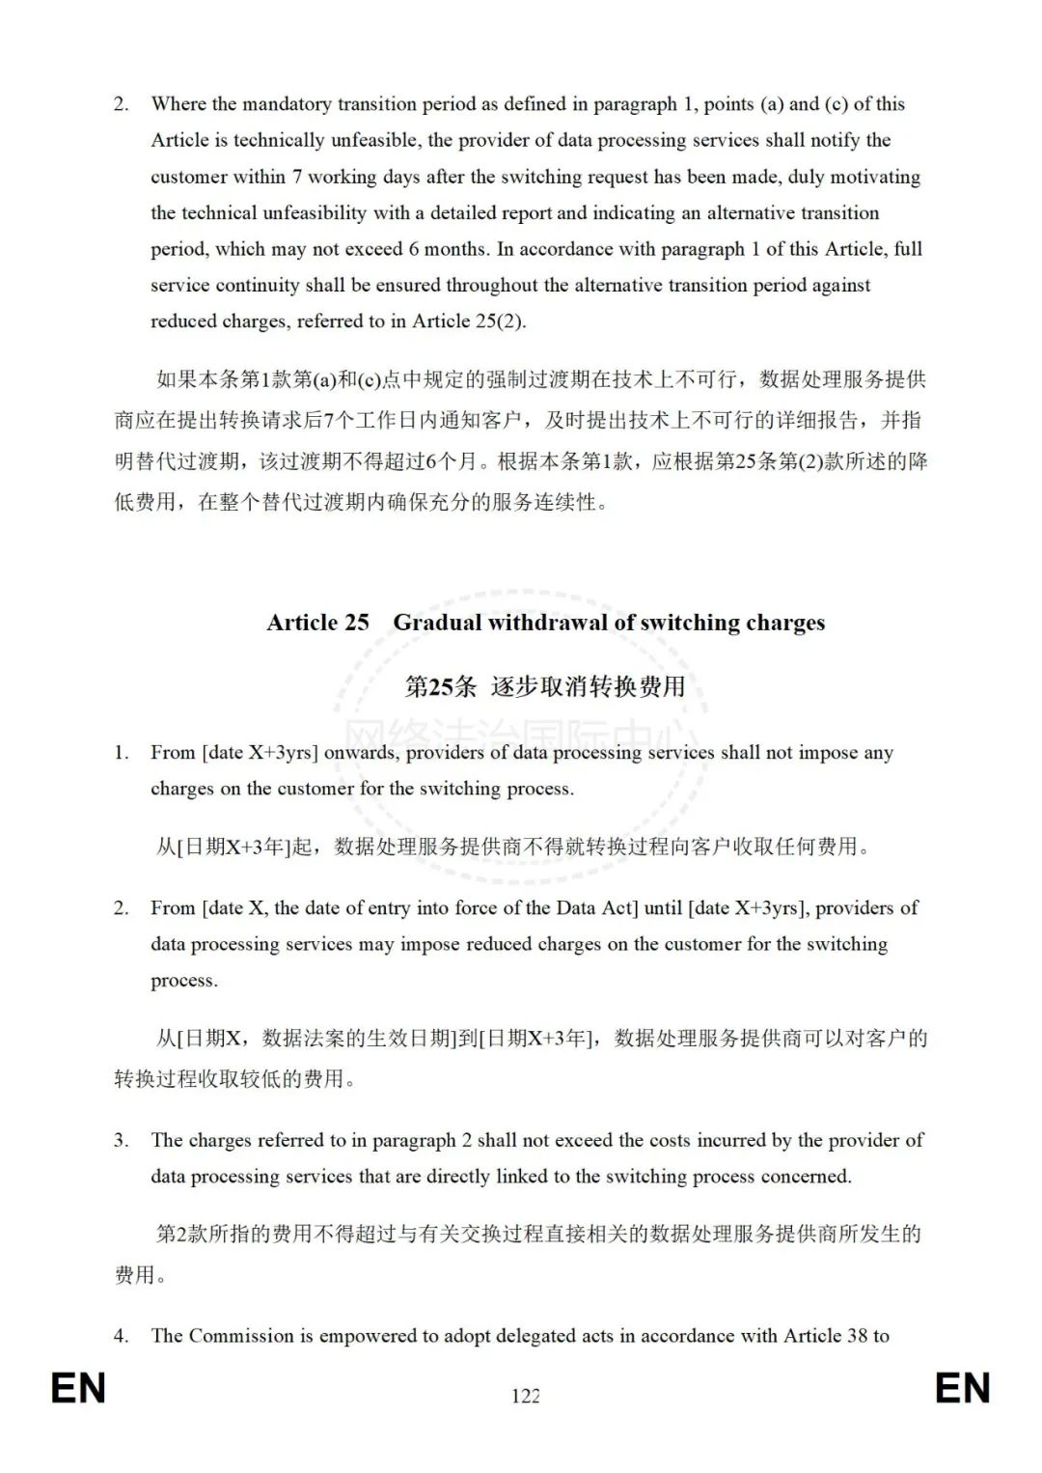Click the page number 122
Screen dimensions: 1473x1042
pyautogui.click(x=526, y=1396)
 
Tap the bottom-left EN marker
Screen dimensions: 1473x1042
pyautogui.click(x=78, y=1389)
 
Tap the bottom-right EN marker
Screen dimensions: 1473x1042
pyautogui.click(x=962, y=1389)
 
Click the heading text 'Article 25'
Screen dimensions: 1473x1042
pyautogui.click(x=317, y=623)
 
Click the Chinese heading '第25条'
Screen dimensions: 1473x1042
pyautogui.click(x=440, y=686)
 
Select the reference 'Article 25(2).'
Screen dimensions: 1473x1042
pyautogui.click(x=469, y=321)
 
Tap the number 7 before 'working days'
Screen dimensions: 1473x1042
pyautogui.click(x=297, y=177)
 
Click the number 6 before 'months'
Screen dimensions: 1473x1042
pyautogui.click(x=414, y=249)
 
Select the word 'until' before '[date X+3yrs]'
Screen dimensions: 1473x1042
pyautogui.click(x=663, y=908)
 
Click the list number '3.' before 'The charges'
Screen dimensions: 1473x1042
pyautogui.click(x=121, y=1140)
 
